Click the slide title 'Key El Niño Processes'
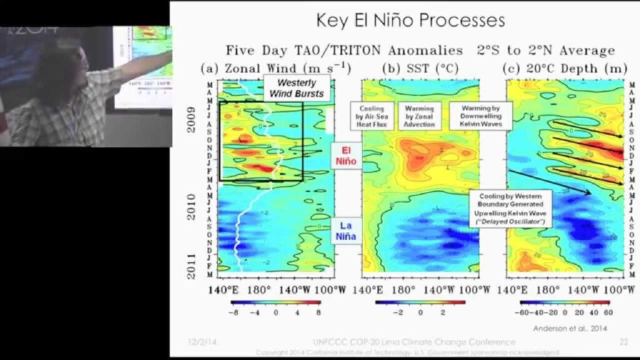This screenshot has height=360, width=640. click(410, 21)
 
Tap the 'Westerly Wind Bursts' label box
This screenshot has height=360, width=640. click(292, 87)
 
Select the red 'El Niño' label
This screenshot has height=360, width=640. click(347, 156)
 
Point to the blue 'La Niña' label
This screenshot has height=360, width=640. click(347, 231)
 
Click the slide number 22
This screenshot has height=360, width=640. click(622, 342)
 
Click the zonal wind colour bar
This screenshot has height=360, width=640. click(275, 301)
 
